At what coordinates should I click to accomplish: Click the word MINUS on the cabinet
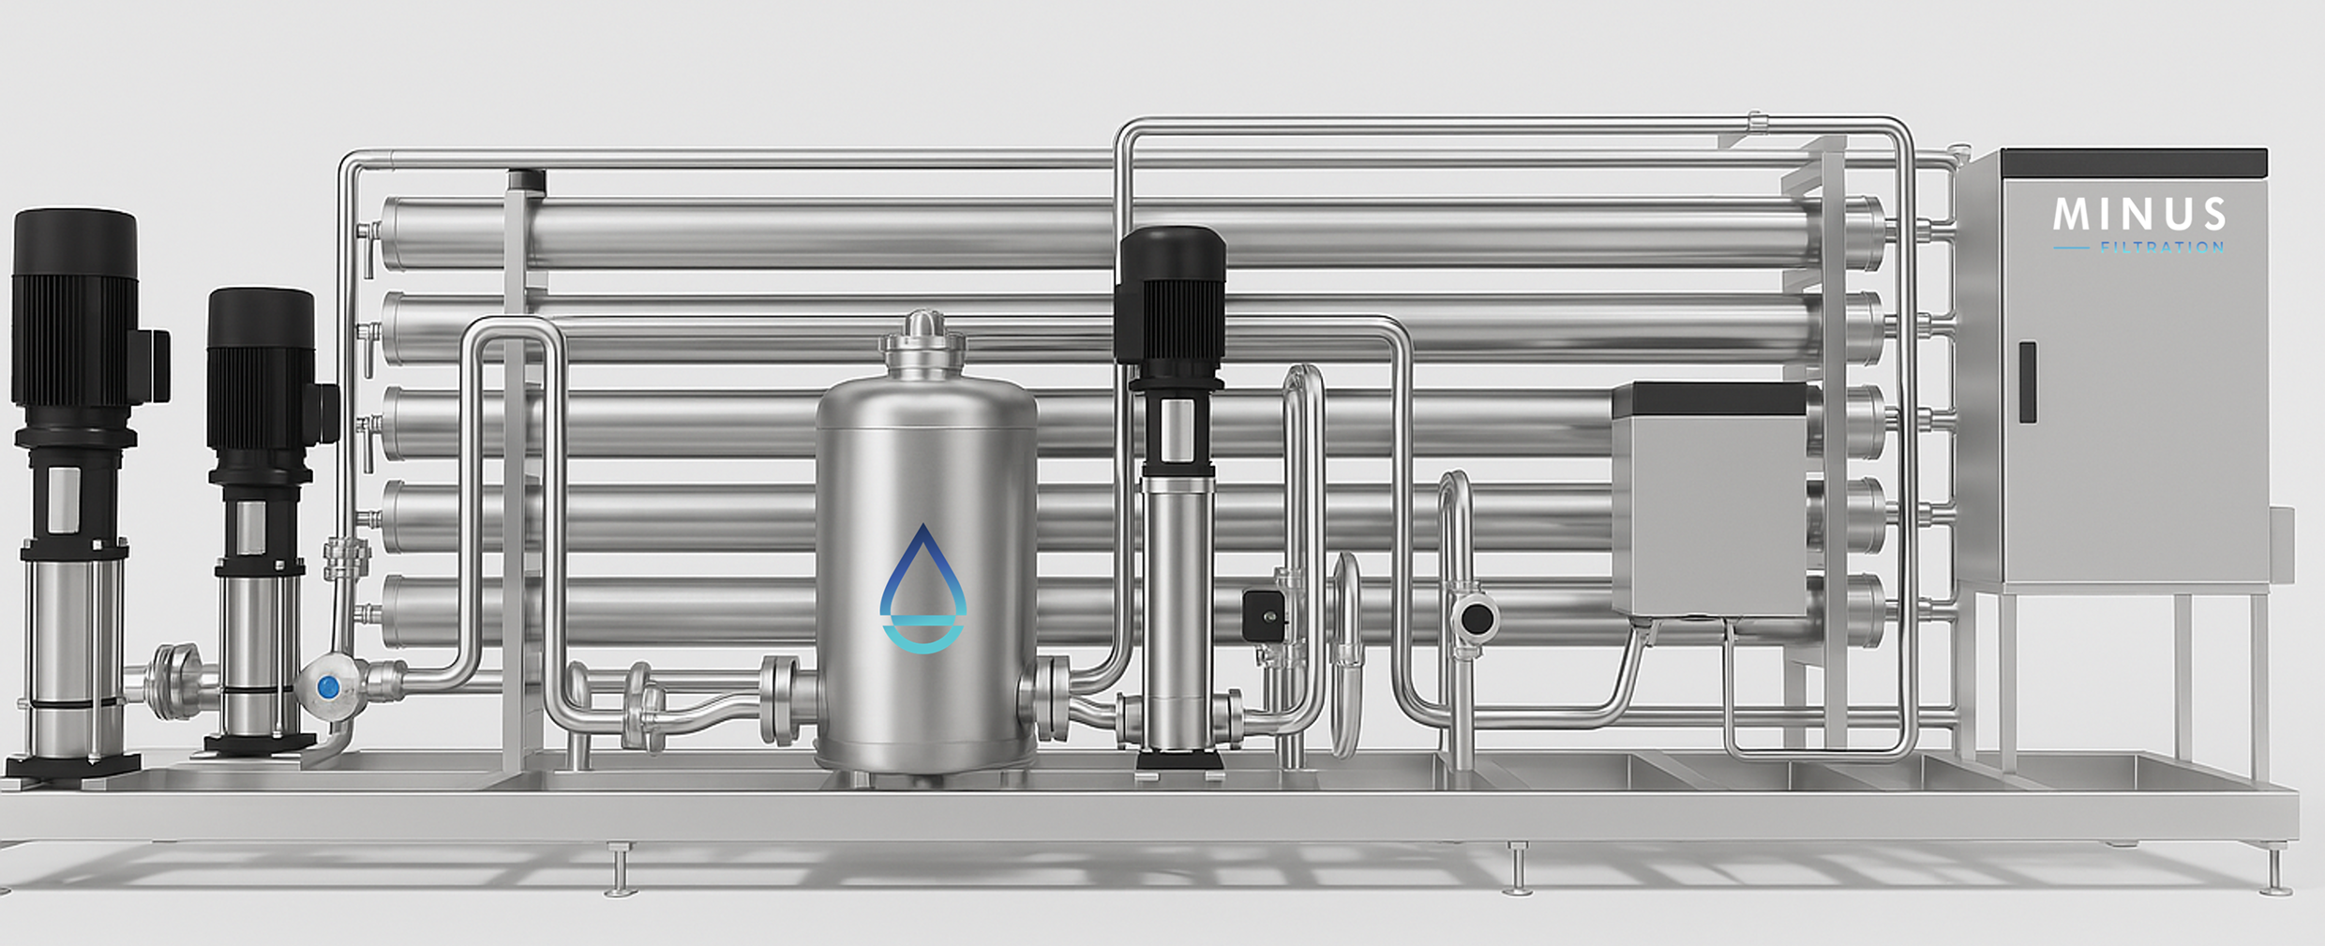tap(2139, 215)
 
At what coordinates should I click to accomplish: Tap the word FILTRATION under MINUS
tap(2162, 248)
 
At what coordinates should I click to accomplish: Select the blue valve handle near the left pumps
tap(328, 687)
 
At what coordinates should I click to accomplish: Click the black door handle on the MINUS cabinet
tap(2027, 382)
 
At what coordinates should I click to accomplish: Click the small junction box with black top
tap(1709, 499)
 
